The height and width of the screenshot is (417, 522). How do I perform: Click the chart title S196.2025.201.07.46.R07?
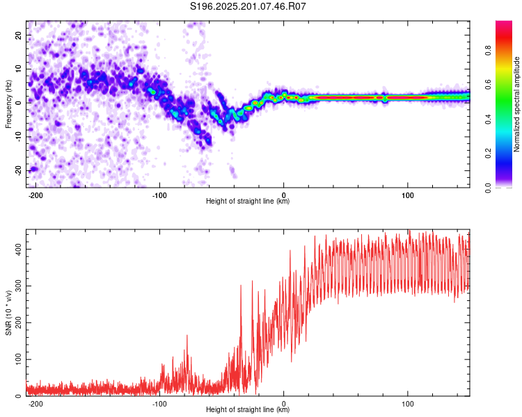pos(248,6)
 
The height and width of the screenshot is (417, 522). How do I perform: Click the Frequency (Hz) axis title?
pos(8,104)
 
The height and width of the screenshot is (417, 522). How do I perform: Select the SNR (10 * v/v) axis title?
pos(8,313)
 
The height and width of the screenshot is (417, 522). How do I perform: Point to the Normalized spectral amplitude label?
pos(516,104)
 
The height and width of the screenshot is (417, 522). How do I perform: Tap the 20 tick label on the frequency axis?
pos(18,35)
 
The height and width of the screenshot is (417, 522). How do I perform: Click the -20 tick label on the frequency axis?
pos(18,171)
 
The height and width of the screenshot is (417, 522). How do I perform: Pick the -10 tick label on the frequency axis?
pos(18,137)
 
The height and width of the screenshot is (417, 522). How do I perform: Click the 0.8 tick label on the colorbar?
pos(488,51)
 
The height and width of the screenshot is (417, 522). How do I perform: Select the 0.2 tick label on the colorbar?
pos(488,154)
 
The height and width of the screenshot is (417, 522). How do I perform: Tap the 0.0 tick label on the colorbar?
pos(488,188)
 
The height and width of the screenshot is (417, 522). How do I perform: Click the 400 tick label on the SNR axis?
pos(18,249)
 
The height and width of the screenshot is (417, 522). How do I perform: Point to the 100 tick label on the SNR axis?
pos(18,359)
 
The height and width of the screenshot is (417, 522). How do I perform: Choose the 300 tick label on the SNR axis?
pos(18,286)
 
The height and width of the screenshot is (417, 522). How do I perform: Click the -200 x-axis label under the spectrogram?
pos(35,195)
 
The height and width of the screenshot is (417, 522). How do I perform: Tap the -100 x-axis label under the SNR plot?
pos(159,404)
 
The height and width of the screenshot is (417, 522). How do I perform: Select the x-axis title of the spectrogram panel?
pos(248,201)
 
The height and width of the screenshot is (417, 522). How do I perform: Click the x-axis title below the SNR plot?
pos(248,409)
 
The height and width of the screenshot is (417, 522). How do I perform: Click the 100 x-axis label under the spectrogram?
pos(408,195)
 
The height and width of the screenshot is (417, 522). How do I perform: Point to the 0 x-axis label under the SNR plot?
pos(284,404)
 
